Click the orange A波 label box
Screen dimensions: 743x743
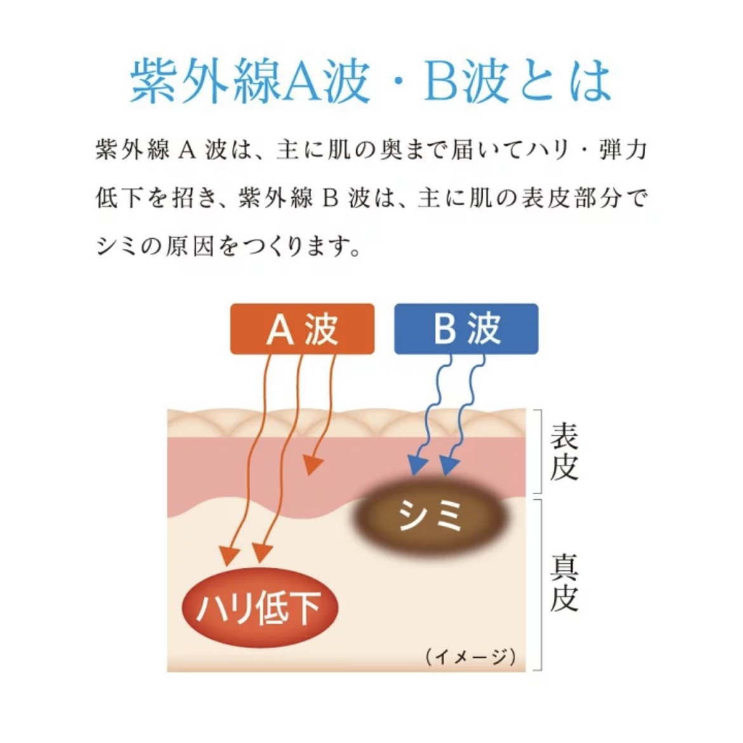pyautogui.click(x=302, y=329)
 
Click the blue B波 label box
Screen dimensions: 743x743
pyautogui.click(x=466, y=329)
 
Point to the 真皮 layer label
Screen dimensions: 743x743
pyautogui.click(x=564, y=584)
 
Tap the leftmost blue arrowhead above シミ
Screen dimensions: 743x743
pyautogui.click(x=418, y=464)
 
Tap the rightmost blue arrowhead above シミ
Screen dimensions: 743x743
pyautogui.click(x=449, y=464)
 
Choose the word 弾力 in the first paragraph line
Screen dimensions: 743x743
pyautogui.click(x=622, y=150)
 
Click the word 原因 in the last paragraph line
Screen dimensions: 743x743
pyautogui.click(x=189, y=246)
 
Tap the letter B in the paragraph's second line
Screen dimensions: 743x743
pyautogui.click(x=330, y=198)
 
